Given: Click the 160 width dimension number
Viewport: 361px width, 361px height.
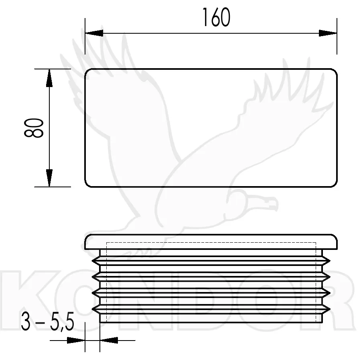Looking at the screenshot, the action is tap(216, 17).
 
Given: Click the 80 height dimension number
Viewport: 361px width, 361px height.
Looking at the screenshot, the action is tap(34, 128).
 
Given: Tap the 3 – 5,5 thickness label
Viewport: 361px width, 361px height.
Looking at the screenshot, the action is tap(47, 321).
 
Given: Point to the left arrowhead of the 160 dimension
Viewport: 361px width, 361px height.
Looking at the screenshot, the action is tap(94, 33).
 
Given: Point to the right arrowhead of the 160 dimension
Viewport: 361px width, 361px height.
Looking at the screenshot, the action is tap(328, 33).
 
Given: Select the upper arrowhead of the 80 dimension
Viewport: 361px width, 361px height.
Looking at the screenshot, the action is tap(49, 78).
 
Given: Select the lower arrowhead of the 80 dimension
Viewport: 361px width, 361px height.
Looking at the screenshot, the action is tap(49, 178).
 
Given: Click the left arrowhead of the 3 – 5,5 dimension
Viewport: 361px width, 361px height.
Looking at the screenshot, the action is tap(76, 340).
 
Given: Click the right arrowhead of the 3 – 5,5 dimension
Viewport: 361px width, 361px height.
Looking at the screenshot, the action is tap(109, 340).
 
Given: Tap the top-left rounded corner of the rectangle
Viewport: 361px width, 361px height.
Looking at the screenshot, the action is tap(87, 71).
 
